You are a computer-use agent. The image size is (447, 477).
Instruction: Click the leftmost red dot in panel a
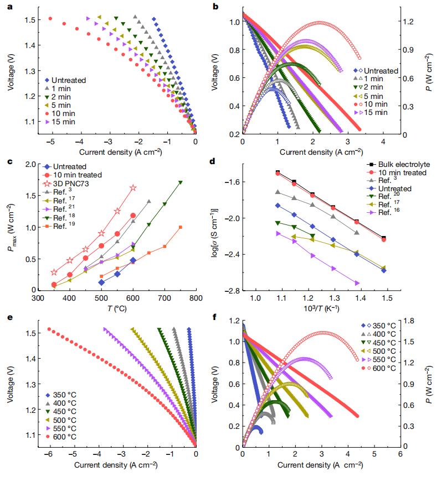(50, 19)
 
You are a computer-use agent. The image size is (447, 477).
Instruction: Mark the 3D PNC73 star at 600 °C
(133, 188)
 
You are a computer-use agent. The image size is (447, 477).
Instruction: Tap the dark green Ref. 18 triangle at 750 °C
(181, 182)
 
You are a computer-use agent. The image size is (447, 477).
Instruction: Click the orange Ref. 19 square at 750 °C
(181, 227)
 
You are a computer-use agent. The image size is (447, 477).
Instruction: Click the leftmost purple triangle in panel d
(278, 234)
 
